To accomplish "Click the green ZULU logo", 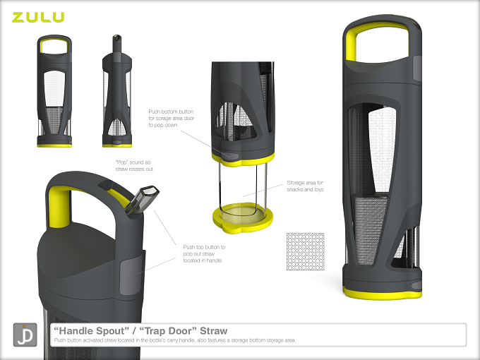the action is [38, 17].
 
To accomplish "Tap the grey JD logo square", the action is [25, 335].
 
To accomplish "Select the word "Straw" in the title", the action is [213, 331].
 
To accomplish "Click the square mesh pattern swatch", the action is [305, 251].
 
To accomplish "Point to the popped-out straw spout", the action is [142, 200].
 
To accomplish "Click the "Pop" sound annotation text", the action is [134, 166].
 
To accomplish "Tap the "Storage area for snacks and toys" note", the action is [305, 186].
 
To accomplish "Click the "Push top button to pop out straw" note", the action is [204, 254].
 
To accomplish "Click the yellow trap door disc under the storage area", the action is [243, 217].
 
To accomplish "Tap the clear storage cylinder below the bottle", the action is [243, 187].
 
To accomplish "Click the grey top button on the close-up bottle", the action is [128, 277].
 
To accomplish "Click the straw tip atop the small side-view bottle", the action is [116, 38].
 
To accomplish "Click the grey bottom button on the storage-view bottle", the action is [230, 155].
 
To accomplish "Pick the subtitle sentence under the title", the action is [175, 340].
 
